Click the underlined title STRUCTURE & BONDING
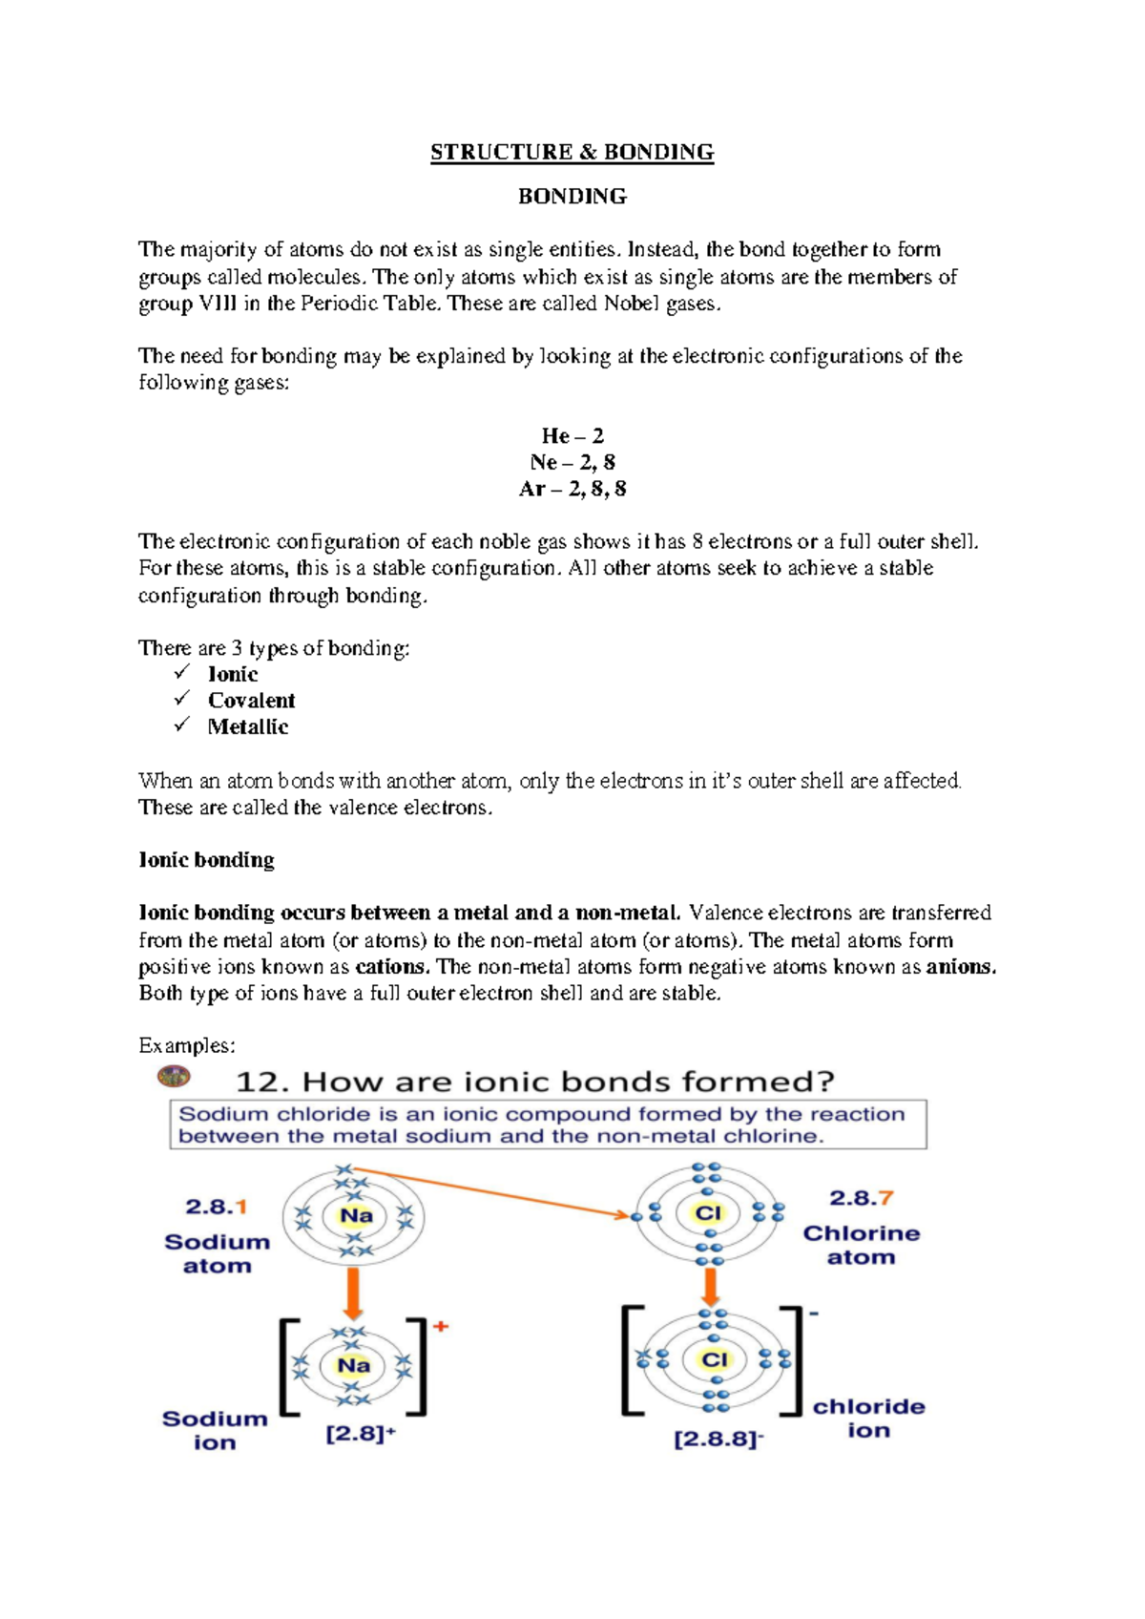click(x=572, y=153)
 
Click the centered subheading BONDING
click(x=572, y=197)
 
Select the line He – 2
click(x=572, y=436)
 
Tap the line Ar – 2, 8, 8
click(x=572, y=490)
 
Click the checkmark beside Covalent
click(x=182, y=700)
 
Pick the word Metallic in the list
click(x=248, y=727)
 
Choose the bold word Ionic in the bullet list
click(x=233, y=674)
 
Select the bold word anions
click(x=961, y=967)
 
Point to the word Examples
click(x=187, y=1046)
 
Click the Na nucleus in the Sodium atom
click(x=356, y=1216)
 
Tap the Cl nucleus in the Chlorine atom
click(x=708, y=1213)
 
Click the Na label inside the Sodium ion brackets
click(x=353, y=1366)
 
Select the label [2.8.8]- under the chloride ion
click(x=718, y=1439)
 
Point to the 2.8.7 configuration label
click(x=861, y=1198)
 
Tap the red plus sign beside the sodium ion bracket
click(x=441, y=1327)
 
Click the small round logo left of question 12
click(x=174, y=1077)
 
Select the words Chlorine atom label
click(x=861, y=1245)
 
